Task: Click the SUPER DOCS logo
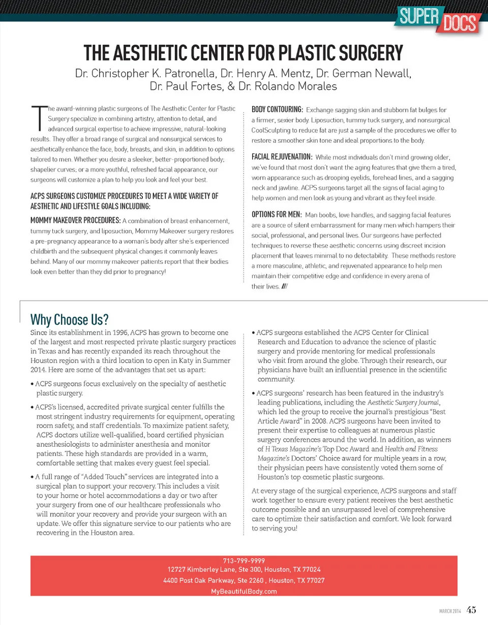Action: point(436,19)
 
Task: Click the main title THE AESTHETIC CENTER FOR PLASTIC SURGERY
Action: point(243,53)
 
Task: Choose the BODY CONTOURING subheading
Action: point(278,109)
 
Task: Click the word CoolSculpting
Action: point(273,130)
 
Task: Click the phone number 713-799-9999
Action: point(244,561)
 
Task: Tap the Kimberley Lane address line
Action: point(244,570)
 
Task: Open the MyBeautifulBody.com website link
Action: point(244,591)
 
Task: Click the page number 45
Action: point(471,611)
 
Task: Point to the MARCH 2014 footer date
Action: point(449,612)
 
